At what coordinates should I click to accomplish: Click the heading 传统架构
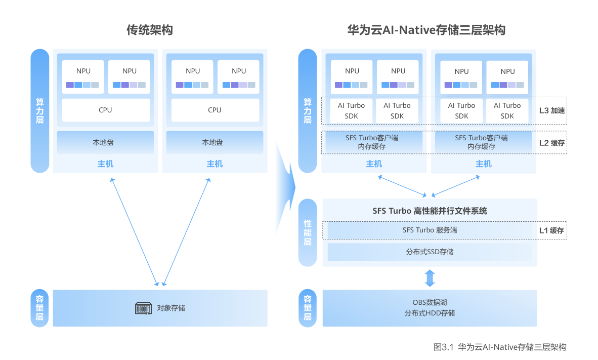[x=149, y=30]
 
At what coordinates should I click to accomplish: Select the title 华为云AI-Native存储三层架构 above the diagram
[x=425, y=30]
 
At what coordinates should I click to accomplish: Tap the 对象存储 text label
[x=170, y=308]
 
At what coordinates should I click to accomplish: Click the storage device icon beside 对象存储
[x=144, y=308]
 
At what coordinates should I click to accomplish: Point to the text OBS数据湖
[x=430, y=303]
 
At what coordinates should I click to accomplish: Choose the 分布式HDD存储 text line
[x=430, y=313]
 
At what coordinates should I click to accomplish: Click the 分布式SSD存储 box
[x=430, y=252]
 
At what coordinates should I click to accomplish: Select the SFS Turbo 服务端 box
[x=430, y=230]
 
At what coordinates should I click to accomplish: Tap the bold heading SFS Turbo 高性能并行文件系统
[x=430, y=211]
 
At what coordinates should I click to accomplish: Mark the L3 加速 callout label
[x=551, y=110]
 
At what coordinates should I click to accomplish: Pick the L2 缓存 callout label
[x=551, y=143]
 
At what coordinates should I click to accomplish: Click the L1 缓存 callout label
[x=551, y=230]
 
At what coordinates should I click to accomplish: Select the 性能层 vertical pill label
[x=307, y=233]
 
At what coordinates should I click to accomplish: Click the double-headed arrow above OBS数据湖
[x=430, y=278]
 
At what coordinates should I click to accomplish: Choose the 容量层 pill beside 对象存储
[x=39, y=308]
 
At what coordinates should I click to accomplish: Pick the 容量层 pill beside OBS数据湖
[x=307, y=308]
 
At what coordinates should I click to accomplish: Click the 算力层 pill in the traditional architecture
[x=39, y=111]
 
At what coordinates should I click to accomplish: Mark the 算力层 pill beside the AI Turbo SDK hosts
[x=307, y=111]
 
